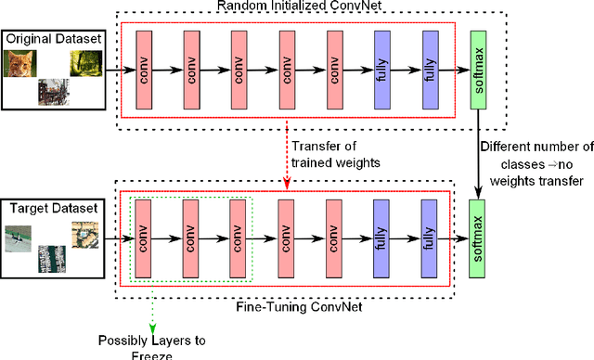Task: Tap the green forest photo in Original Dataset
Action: (84, 63)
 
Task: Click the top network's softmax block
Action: (479, 70)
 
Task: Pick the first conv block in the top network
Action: (144, 71)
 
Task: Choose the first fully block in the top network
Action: (382, 71)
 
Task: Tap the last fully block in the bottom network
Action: (430, 238)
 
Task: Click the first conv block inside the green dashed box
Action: (144, 238)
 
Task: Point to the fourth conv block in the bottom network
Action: (287, 238)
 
